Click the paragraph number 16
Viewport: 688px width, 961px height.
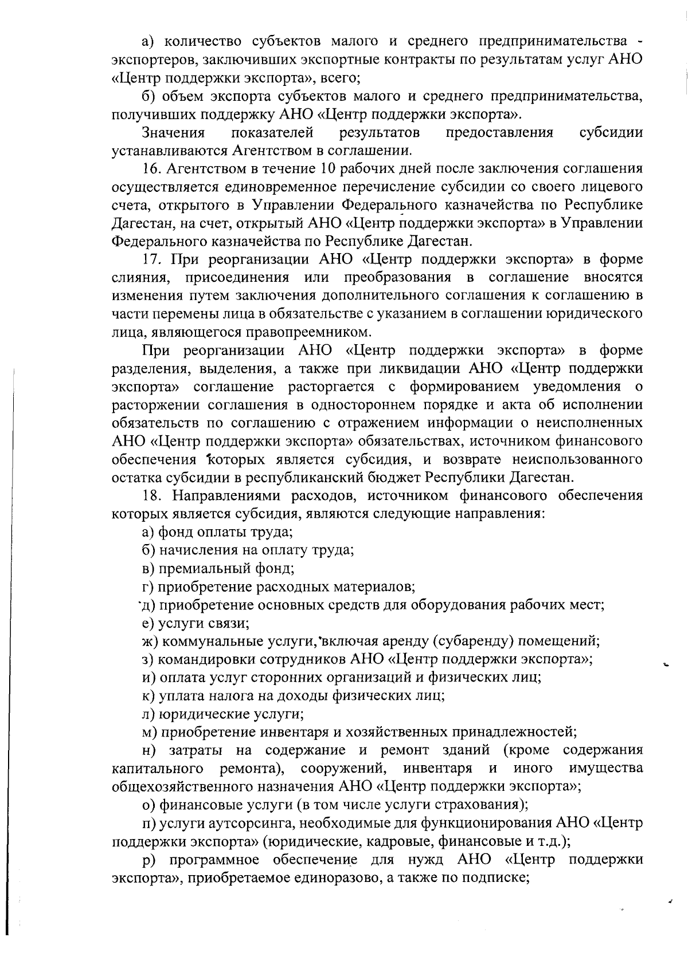pos(153,169)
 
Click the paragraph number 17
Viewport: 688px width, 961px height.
pos(153,259)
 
